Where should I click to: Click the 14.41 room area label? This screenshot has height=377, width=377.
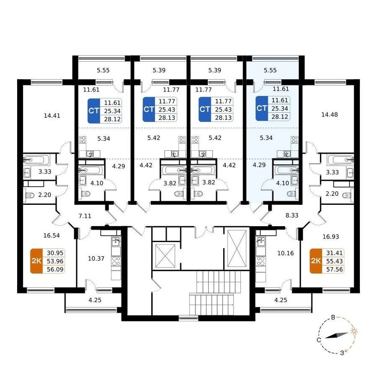(52, 116)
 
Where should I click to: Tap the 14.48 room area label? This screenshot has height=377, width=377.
(329, 115)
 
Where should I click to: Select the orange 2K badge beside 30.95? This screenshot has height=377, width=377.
(36, 261)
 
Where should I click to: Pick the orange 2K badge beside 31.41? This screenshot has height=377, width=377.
(316, 261)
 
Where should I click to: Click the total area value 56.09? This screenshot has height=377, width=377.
(55, 269)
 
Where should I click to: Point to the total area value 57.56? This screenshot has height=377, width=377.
(335, 269)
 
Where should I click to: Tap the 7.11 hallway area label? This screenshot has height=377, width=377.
(85, 216)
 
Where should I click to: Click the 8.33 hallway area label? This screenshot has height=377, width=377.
(292, 215)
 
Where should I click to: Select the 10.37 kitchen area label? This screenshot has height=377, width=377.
(96, 258)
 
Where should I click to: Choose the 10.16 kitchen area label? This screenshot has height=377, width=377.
(286, 253)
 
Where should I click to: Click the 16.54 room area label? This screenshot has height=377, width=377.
(51, 235)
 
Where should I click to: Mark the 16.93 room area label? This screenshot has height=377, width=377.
(331, 236)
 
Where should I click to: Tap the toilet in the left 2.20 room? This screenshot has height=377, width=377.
(30, 195)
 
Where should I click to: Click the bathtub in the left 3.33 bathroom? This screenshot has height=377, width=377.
(36, 160)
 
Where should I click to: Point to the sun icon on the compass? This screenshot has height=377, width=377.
(354, 331)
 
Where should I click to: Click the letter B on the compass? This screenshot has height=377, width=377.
(333, 317)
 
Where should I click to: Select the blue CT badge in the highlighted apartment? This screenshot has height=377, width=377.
(262, 108)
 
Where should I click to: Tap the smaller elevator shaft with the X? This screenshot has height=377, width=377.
(165, 256)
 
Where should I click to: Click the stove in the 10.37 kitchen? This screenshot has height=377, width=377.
(117, 261)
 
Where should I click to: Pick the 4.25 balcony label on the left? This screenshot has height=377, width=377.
(95, 300)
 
